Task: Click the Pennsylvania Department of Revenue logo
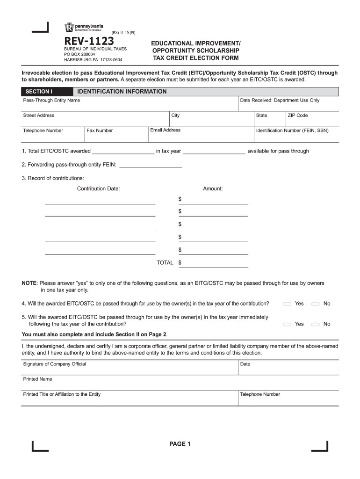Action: coord(84,28)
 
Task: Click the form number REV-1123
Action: coord(89,41)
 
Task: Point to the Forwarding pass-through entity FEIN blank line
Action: coord(151,165)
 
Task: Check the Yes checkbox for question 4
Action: coord(288,304)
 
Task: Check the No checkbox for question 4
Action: coord(316,304)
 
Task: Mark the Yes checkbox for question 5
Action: coord(288,324)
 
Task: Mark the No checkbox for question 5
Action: coord(316,324)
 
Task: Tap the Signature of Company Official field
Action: coord(129,368)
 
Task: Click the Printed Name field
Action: coord(180,383)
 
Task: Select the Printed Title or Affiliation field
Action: coord(129,399)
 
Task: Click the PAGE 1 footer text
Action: coord(180,444)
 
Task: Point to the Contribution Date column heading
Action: coord(98,189)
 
